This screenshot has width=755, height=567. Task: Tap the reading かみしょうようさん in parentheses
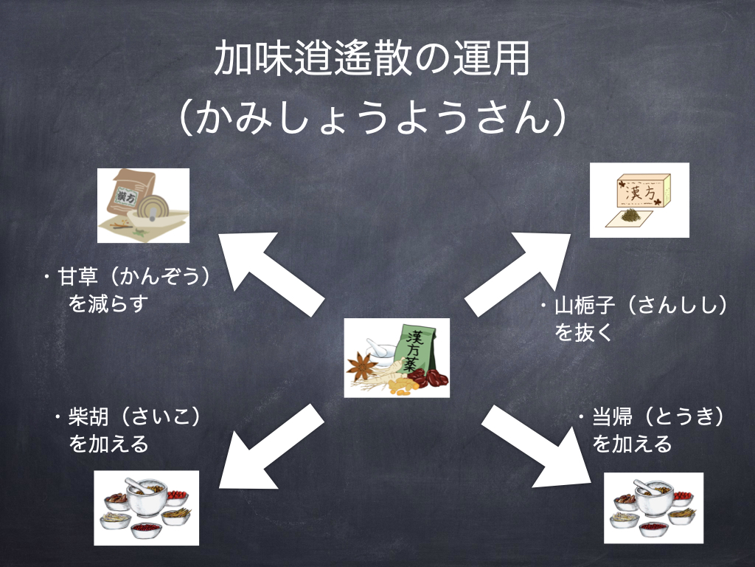click(372, 119)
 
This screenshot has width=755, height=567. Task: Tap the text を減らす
click(108, 303)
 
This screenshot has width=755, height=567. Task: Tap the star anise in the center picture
click(363, 363)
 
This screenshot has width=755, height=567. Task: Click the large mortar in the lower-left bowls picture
click(146, 498)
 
